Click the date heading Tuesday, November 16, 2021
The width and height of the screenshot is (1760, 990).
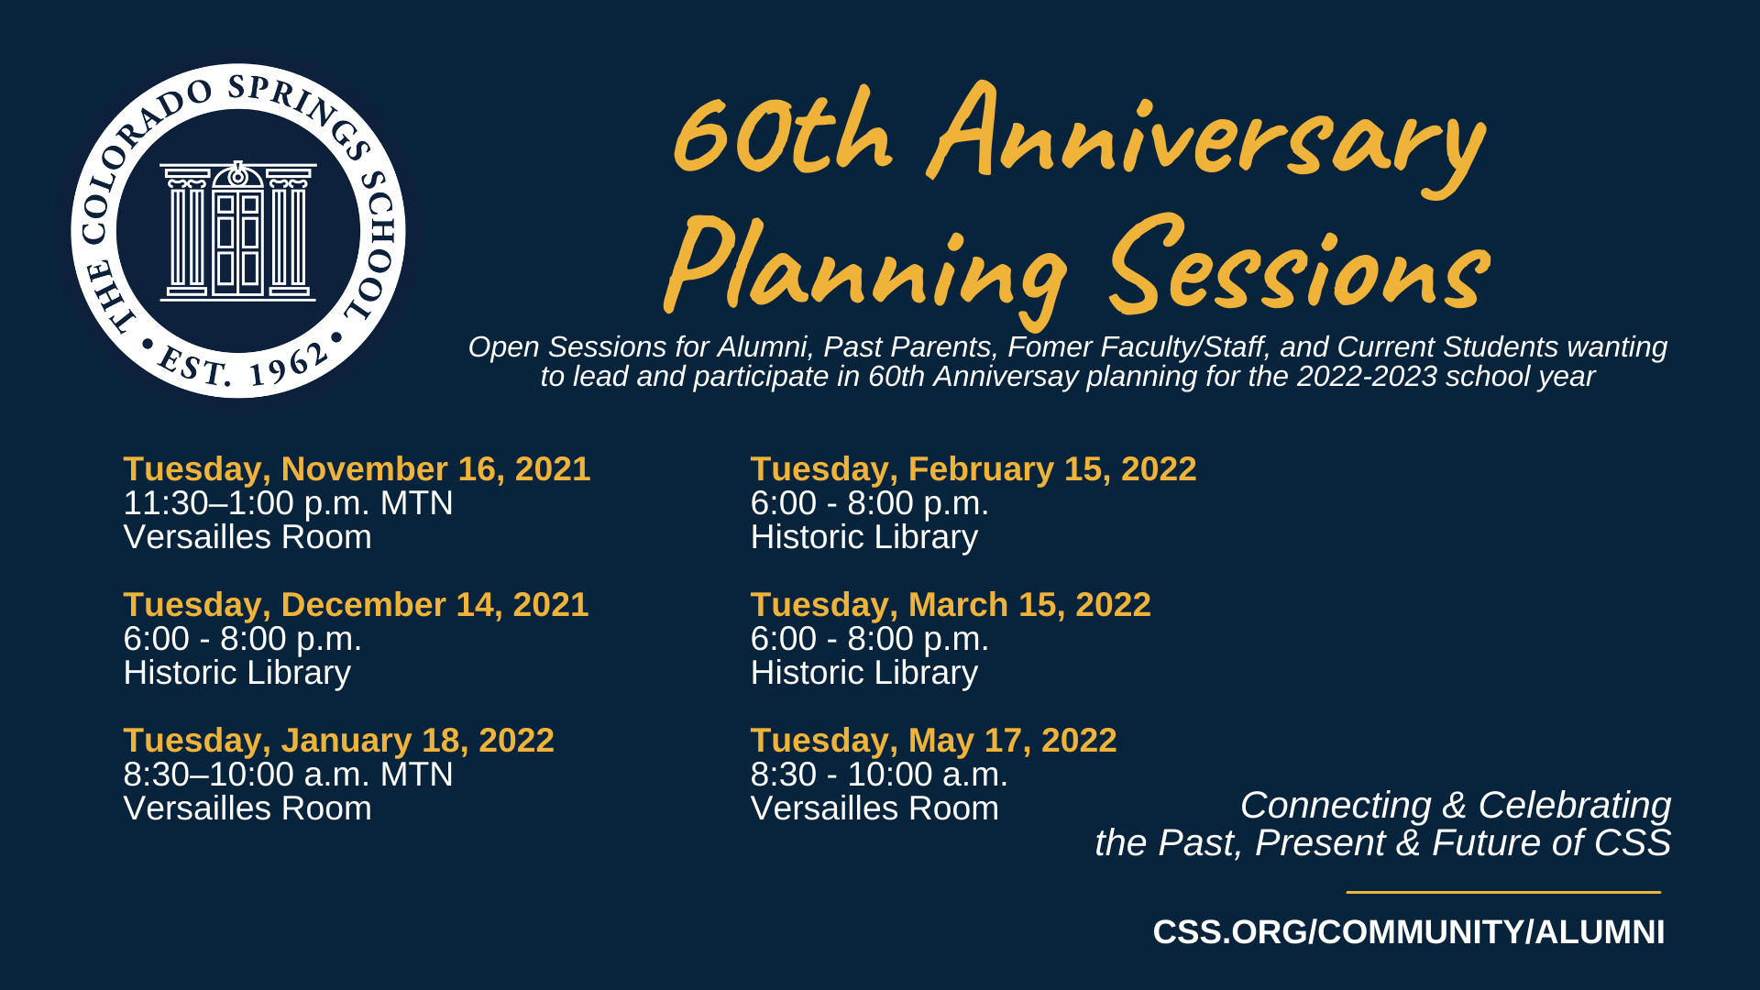tap(357, 469)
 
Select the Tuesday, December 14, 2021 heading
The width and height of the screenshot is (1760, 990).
tap(356, 605)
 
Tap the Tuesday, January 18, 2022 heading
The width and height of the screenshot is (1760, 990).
tap(338, 741)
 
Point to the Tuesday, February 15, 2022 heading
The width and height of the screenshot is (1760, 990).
tap(973, 469)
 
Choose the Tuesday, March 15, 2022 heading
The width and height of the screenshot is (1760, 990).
tap(951, 605)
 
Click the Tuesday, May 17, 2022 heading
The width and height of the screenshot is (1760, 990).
tap(933, 741)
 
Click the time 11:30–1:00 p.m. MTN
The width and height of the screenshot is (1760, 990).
tap(288, 503)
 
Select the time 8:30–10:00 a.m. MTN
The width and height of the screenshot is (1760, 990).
tap(288, 775)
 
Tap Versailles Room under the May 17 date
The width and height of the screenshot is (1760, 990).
tap(874, 808)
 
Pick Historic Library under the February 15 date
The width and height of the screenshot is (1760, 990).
tap(864, 538)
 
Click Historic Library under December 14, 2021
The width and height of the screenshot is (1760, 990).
tap(237, 674)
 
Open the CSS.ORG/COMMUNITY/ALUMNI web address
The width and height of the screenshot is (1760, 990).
tap(1408, 932)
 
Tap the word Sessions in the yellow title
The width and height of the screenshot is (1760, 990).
tap(1298, 266)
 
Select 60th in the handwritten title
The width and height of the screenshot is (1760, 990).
tap(781, 133)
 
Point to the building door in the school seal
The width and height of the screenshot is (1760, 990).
tap(238, 240)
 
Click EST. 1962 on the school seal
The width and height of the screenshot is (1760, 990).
tap(241, 364)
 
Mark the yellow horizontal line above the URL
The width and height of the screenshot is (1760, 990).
tap(1503, 892)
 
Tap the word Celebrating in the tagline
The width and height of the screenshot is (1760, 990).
tap(1574, 806)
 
